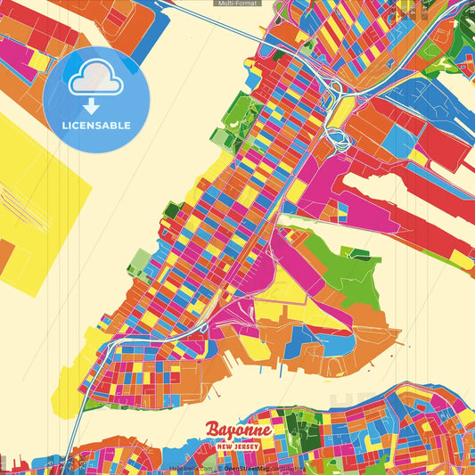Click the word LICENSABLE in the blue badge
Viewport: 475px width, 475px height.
tap(96, 126)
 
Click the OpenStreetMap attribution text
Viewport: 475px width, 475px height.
tap(248, 468)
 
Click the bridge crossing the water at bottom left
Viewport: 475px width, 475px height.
tap(76, 419)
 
